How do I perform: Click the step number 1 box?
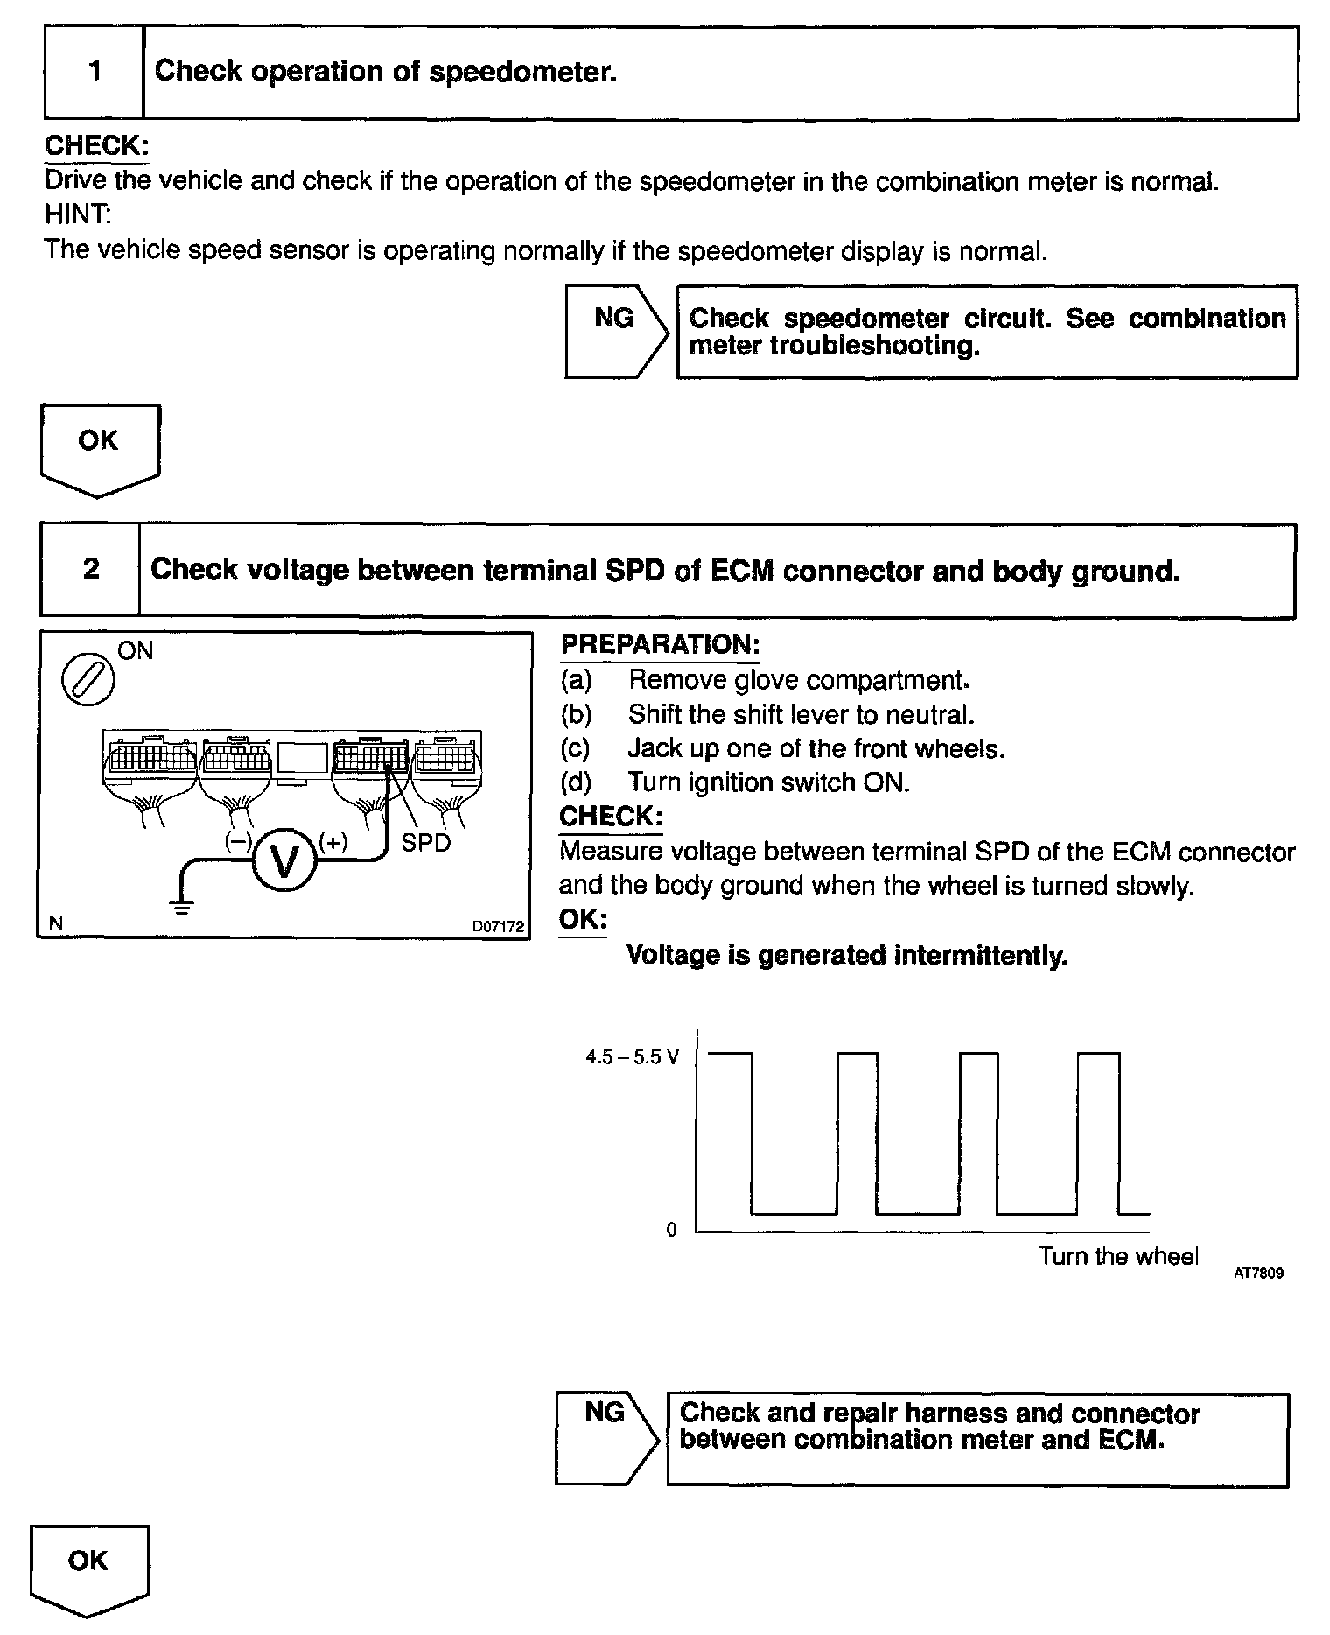[x=94, y=72]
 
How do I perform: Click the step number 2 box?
[x=90, y=570]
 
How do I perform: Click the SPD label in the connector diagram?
[x=425, y=843]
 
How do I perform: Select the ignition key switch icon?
[x=87, y=680]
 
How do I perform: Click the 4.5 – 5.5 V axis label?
[x=633, y=1057]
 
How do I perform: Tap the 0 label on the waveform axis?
[x=671, y=1230]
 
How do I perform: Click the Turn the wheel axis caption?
[x=1117, y=1257]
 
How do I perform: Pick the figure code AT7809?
[x=1258, y=1274]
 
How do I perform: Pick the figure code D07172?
[x=498, y=926]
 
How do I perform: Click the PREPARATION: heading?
[x=660, y=645]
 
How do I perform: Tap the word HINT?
[x=78, y=214]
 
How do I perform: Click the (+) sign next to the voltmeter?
[x=332, y=842]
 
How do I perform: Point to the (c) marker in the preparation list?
[x=576, y=749]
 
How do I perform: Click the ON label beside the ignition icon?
[x=135, y=650]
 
